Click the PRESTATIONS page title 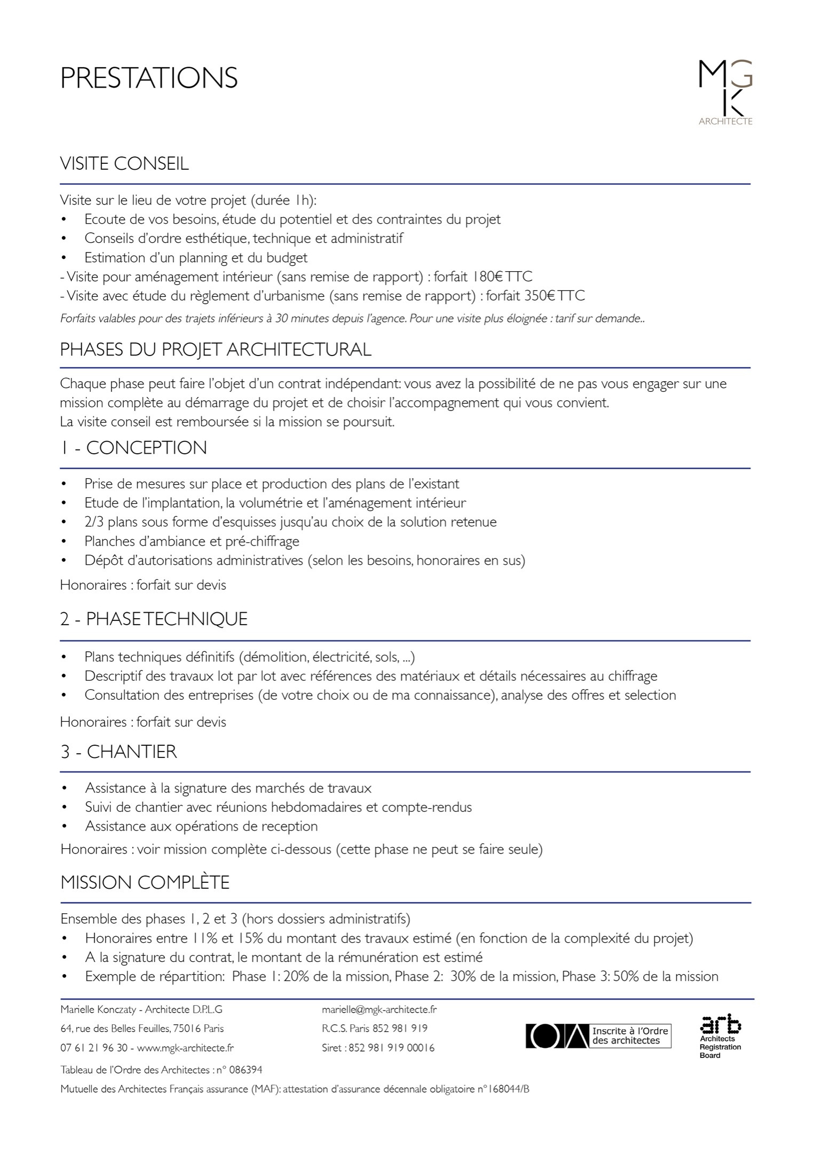[x=149, y=78]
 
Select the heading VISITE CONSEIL [x=124, y=163]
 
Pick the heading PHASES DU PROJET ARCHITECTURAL [x=216, y=350]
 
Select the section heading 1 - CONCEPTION [x=133, y=447]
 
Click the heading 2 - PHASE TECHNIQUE [x=154, y=619]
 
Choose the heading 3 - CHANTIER [x=118, y=752]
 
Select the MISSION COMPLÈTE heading [x=145, y=882]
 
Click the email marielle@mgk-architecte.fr [x=379, y=1009]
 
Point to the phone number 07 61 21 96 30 [x=94, y=1048]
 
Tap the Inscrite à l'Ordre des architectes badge [x=598, y=1036]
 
